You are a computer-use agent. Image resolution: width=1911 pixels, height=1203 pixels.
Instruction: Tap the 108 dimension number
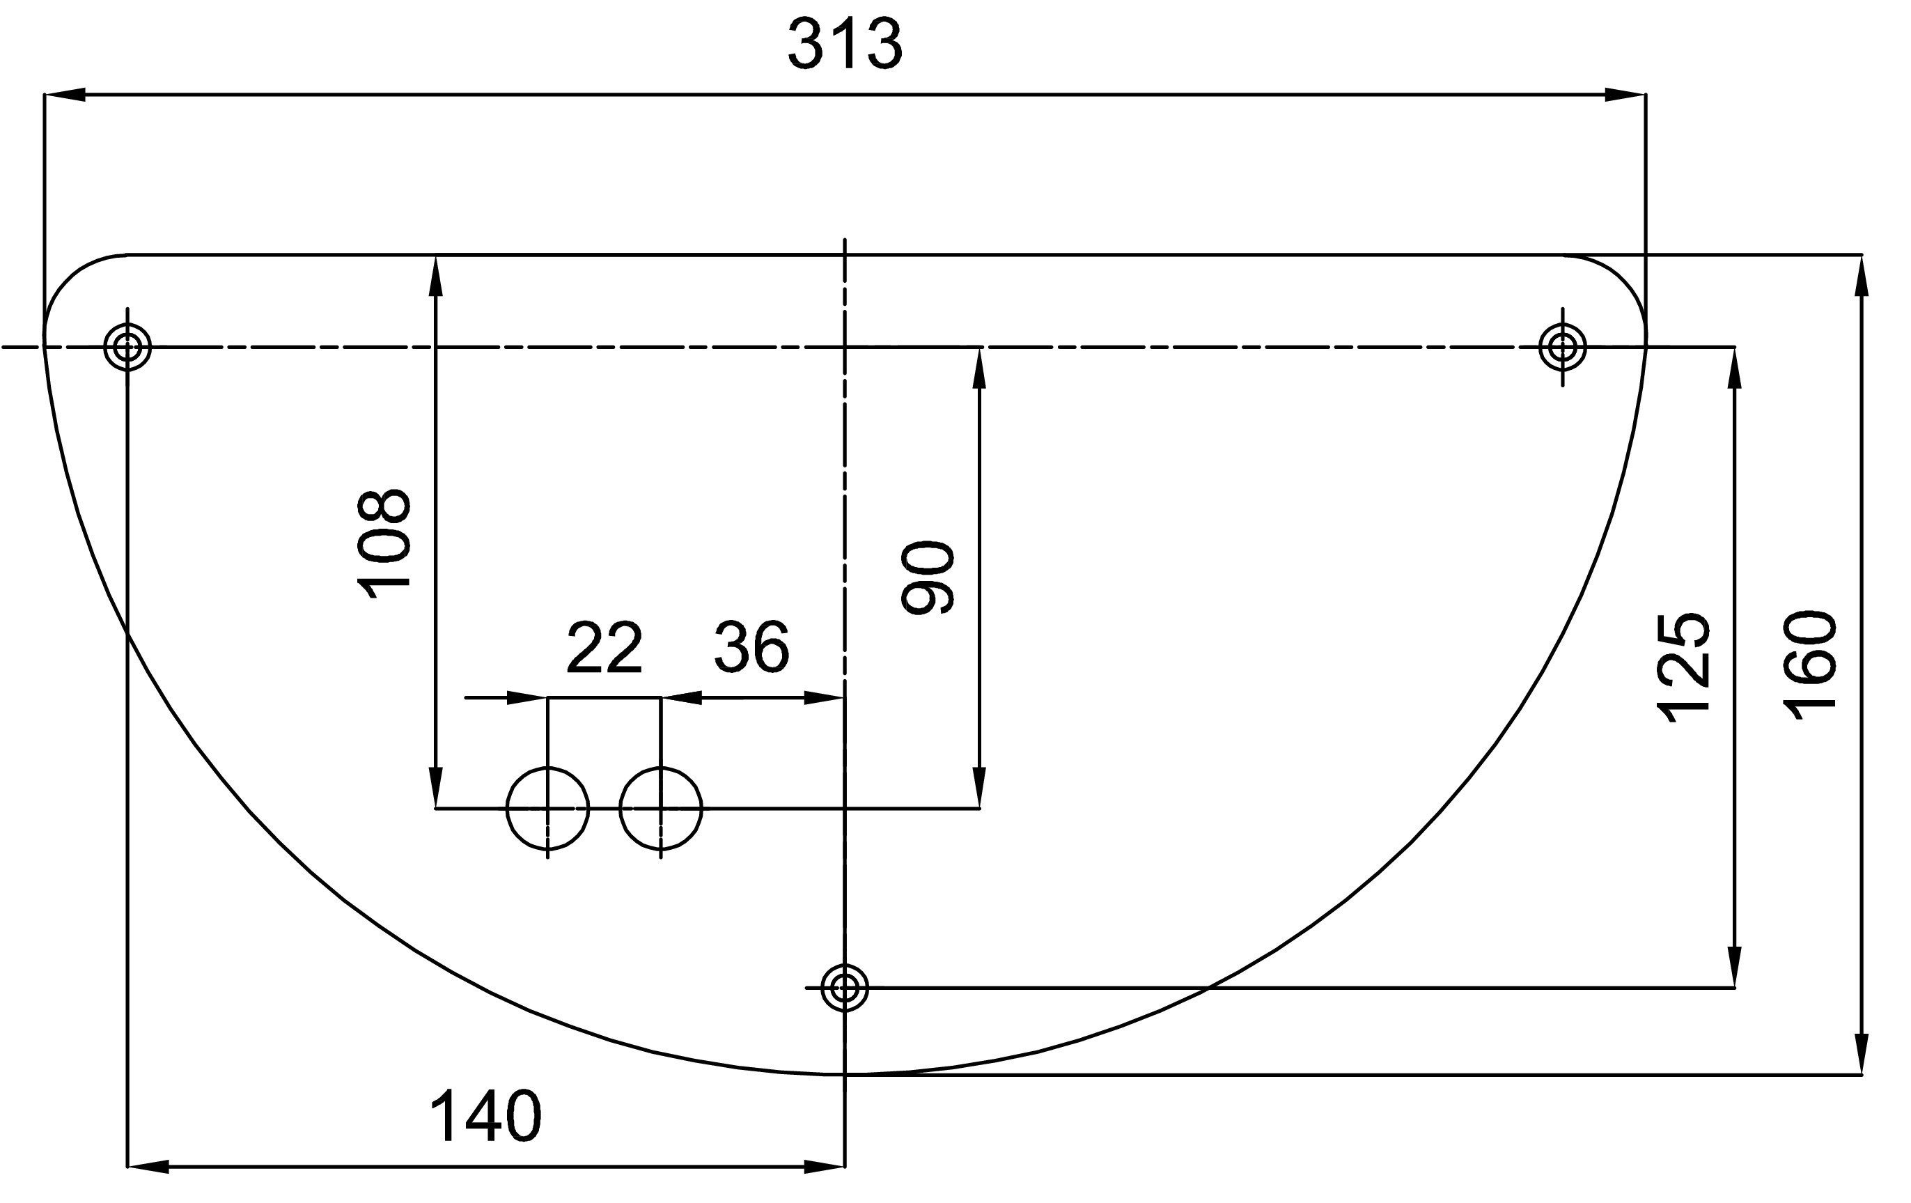(x=385, y=543)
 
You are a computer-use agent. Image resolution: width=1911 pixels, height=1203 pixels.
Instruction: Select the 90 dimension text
(x=928, y=577)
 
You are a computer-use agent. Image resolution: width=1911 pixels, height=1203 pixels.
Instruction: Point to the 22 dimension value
(x=604, y=649)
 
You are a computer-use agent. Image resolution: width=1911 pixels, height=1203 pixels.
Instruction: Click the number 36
(x=751, y=648)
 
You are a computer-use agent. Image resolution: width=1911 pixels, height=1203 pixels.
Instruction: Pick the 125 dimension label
(x=1683, y=668)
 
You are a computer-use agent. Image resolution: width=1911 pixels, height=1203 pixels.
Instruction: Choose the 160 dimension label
(x=1809, y=665)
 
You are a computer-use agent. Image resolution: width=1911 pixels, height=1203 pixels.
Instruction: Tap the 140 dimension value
(x=485, y=1116)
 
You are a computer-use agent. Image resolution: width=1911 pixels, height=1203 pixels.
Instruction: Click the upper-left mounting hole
(x=127, y=347)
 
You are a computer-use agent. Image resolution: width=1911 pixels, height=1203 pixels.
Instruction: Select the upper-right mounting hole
(x=1563, y=347)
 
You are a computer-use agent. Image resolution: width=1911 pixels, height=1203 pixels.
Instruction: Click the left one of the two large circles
(x=547, y=809)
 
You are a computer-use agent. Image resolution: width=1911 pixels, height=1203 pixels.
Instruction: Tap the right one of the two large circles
(x=661, y=809)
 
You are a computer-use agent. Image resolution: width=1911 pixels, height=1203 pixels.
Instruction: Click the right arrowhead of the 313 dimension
(x=1625, y=95)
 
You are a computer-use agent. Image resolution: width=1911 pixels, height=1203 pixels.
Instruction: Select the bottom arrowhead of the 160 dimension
(x=1862, y=1054)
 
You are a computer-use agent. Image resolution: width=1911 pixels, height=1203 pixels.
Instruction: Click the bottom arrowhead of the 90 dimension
(x=979, y=788)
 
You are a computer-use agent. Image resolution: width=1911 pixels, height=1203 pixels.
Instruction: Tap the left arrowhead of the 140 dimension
(x=148, y=1167)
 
